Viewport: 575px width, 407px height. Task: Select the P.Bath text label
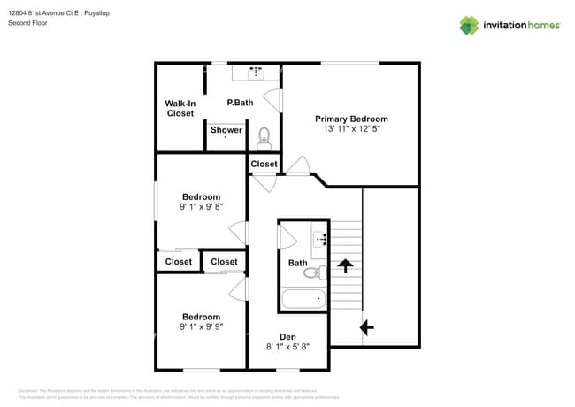tap(240, 103)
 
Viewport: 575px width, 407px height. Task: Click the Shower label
tap(226, 130)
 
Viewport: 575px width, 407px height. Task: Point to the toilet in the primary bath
tap(264, 138)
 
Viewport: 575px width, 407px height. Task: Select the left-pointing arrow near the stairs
tap(366, 327)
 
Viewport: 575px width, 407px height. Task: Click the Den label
tap(287, 336)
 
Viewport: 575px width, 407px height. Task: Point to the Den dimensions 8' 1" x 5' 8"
tap(287, 348)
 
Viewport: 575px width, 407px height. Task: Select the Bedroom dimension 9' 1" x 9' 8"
tap(201, 207)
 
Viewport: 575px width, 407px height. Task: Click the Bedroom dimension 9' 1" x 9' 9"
tap(201, 326)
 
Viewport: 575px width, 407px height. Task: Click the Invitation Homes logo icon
tap(469, 25)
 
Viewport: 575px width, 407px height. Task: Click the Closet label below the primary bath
tap(264, 164)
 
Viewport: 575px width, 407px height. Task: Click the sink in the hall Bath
tap(320, 238)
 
